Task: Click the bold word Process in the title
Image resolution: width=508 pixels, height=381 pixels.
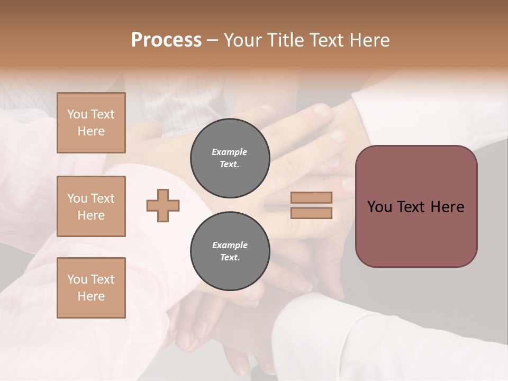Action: pos(166,40)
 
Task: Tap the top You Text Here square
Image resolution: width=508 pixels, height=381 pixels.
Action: pos(91,123)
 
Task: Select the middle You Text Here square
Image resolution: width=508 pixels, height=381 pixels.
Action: pos(91,206)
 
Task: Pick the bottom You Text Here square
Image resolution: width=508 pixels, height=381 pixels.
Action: pos(91,288)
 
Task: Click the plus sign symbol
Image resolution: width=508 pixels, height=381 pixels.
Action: pos(163,205)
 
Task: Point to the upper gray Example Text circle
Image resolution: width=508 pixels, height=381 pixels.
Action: pos(230,158)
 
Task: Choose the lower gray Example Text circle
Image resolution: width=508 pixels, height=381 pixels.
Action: pos(230,251)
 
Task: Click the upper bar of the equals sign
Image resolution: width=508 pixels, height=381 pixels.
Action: pos(311,197)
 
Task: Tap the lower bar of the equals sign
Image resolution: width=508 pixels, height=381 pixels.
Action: pos(311,213)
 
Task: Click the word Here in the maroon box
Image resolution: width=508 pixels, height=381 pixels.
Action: pos(447,207)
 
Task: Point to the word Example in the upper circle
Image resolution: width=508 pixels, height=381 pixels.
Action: pos(230,152)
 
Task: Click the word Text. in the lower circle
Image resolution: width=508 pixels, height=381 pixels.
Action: pos(230,258)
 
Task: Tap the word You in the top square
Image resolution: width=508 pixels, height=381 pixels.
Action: pos(77,114)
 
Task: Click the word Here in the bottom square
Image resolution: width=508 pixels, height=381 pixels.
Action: pos(91,296)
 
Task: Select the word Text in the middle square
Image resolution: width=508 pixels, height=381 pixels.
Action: pos(102,198)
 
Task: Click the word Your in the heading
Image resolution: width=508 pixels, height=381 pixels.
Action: pos(243,40)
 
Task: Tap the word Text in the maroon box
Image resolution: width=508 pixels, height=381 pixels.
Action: pos(413,207)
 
